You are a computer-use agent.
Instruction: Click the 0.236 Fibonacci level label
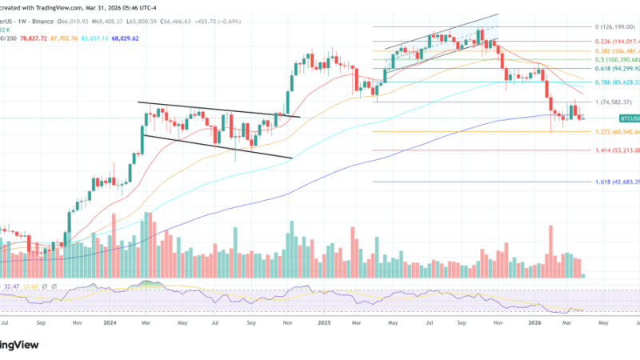click(x=615, y=41)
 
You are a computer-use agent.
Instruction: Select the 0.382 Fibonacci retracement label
click(x=615, y=50)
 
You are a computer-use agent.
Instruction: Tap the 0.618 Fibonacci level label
click(x=615, y=68)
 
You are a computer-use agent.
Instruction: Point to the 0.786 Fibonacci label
click(x=615, y=82)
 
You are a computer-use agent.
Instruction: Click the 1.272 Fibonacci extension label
click(x=615, y=131)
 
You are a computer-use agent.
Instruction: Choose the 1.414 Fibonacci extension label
click(x=615, y=150)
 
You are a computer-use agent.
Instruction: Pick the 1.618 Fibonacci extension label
click(x=615, y=182)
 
